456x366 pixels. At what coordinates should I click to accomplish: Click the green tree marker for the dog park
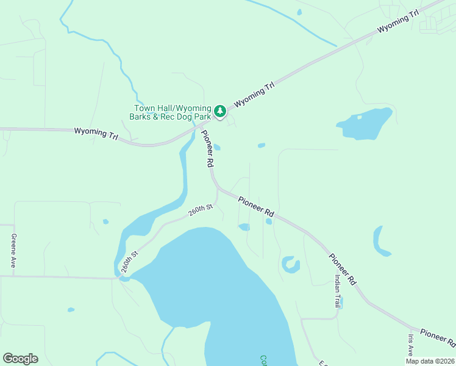coord(220,112)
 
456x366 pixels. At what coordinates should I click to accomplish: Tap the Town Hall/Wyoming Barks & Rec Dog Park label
coord(173,112)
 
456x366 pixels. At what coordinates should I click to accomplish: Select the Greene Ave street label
coord(13,251)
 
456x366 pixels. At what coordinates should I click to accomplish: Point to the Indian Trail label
coord(337,290)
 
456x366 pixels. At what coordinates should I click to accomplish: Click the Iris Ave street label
coord(410,345)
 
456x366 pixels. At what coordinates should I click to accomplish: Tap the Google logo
coord(20,359)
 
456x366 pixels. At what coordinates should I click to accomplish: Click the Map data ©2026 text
coord(430,361)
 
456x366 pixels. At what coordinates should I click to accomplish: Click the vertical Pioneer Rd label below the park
coord(207,149)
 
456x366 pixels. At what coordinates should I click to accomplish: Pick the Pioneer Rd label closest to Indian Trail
coord(342,269)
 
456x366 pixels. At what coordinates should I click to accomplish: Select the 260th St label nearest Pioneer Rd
coord(200,210)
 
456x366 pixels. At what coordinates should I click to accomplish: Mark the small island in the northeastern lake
coord(359,117)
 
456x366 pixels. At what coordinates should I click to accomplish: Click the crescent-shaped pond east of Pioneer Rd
coord(379,242)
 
